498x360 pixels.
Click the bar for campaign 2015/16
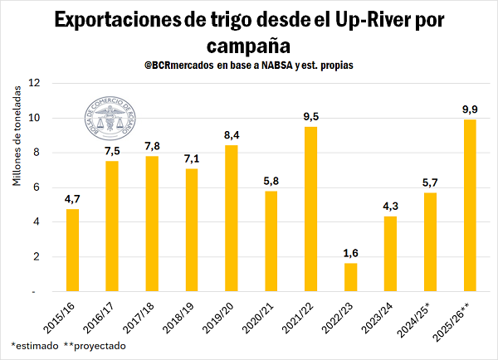pyautogui.click(x=72, y=250)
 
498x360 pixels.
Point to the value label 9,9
pyautogui.click(x=470, y=108)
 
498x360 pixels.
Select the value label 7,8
pyautogui.click(x=152, y=144)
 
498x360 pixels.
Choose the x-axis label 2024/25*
pyautogui.click(x=421, y=317)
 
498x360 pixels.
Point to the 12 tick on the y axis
pyautogui.click(x=33, y=83)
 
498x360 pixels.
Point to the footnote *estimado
pyautogui.click(x=33, y=345)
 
